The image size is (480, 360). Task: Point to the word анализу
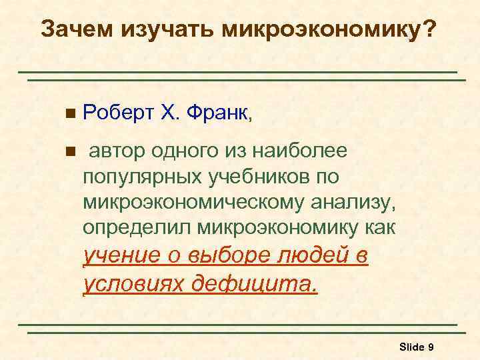(x=357, y=202)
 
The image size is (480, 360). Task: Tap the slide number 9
(x=431, y=347)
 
